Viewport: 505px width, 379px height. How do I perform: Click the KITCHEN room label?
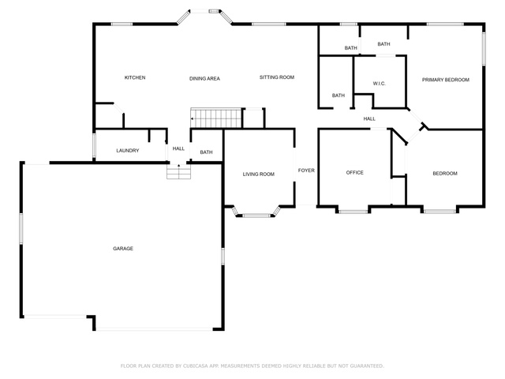tap(135, 77)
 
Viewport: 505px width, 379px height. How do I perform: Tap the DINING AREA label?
tap(204, 79)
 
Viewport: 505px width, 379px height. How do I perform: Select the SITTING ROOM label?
tap(277, 77)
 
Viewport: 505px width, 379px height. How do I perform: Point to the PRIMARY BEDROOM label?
tap(446, 80)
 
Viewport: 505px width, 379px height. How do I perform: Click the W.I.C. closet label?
tap(380, 84)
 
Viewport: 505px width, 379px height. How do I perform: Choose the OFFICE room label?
tap(354, 173)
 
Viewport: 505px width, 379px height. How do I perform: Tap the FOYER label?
tap(306, 171)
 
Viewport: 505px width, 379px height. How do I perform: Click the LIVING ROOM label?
tap(259, 174)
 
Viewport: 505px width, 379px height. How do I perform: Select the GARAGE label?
tap(123, 249)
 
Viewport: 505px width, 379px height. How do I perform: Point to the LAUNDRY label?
tap(128, 151)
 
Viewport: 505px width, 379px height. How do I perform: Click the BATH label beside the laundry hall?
tap(207, 152)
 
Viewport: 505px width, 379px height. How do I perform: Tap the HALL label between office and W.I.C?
tap(369, 119)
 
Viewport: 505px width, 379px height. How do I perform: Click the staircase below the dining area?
tap(216, 118)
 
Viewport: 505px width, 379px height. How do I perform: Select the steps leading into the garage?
tap(179, 171)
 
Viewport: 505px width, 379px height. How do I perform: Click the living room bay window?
tap(257, 214)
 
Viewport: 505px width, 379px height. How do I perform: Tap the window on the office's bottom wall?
tap(353, 212)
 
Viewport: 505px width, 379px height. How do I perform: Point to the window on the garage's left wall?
tap(21, 228)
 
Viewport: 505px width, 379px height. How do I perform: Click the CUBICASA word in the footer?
tap(196, 366)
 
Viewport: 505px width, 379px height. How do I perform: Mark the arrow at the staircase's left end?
tap(193, 118)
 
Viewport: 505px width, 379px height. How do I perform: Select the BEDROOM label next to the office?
tap(445, 174)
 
